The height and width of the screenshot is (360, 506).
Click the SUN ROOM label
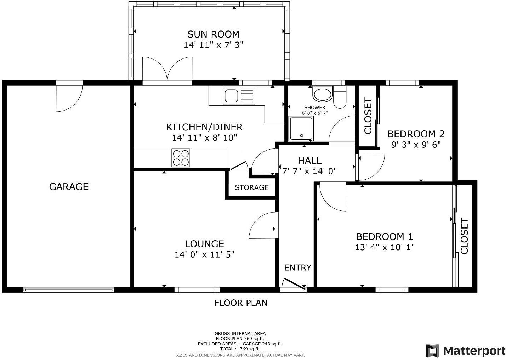[x=213, y=34]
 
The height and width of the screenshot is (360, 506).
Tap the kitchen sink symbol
[x=239, y=96]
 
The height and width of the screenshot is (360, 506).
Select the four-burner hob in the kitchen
[x=181, y=158]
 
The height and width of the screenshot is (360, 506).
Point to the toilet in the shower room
[x=340, y=97]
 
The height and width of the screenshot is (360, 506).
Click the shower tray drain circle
[x=301, y=136]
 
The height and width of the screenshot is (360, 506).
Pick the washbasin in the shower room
[x=323, y=95]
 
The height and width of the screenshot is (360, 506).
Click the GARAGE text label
[x=69, y=187]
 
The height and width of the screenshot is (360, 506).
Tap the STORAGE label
[x=252, y=187]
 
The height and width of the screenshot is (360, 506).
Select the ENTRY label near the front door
[x=297, y=268]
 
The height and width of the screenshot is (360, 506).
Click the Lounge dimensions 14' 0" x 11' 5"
[x=204, y=255]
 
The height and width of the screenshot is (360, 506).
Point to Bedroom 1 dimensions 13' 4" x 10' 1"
[x=385, y=247]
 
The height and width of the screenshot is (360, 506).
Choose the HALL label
[x=309, y=161]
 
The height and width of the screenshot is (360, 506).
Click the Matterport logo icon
[x=432, y=350]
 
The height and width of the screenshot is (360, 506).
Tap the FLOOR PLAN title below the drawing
[x=241, y=303]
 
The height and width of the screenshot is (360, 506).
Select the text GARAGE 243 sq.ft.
[x=262, y=344]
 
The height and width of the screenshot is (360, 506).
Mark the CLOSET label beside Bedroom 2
[x=368, y=116]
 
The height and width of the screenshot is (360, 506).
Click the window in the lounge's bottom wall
[x=197, y=290]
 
